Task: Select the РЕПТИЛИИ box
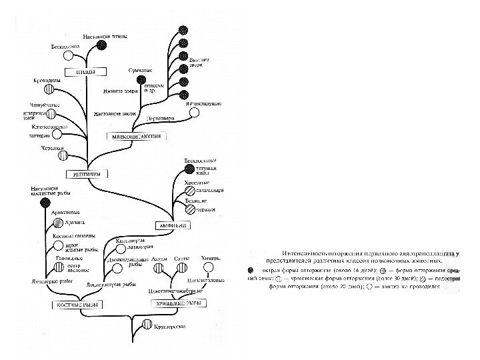86,174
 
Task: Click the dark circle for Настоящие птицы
101,45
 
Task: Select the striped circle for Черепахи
64,155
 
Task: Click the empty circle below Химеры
209,267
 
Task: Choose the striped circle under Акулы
159,267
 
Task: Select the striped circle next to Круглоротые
146,326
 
